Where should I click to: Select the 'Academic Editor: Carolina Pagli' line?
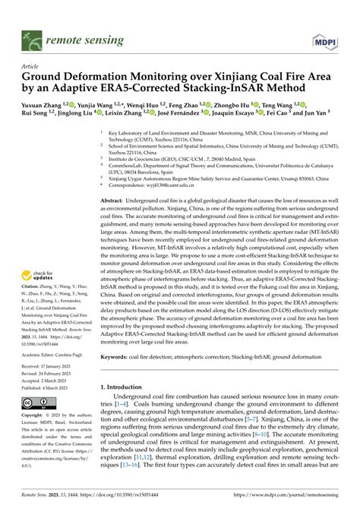pyautogui.click(x=58, y=353)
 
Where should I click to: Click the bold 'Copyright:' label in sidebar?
pyautogui.click(x=34, y=416)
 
